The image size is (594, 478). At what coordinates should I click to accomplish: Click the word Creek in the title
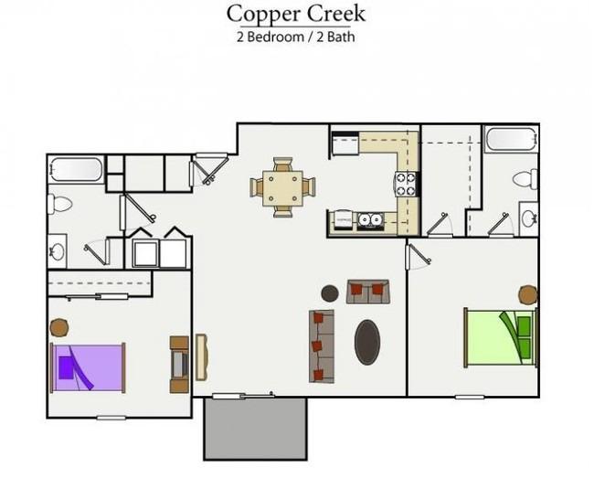(336, 14)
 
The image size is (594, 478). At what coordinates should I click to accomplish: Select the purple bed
(88, 367)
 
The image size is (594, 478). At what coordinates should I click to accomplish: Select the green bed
(501, 337)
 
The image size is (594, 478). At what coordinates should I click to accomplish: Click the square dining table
(282, 188)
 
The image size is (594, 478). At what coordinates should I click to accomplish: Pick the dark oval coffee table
(367, 342)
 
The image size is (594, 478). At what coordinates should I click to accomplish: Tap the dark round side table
(330, 293)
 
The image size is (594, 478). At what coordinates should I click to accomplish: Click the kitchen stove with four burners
(407, 184)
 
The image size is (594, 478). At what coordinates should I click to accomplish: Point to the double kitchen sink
(370, 220)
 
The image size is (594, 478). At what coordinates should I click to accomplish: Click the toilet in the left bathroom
(59, 204)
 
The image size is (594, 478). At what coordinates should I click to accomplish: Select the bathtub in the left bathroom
(76, 169)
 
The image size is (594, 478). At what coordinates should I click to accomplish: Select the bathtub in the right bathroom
(511, 139)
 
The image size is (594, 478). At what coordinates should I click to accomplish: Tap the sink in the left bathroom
(58, 251)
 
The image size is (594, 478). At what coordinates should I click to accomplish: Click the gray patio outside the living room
(256, 429)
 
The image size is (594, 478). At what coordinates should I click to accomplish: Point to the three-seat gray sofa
(322, 346)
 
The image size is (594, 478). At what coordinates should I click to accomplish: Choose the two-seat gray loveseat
(368, 292)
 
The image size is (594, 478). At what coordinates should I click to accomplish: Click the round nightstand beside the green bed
(527, 294)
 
